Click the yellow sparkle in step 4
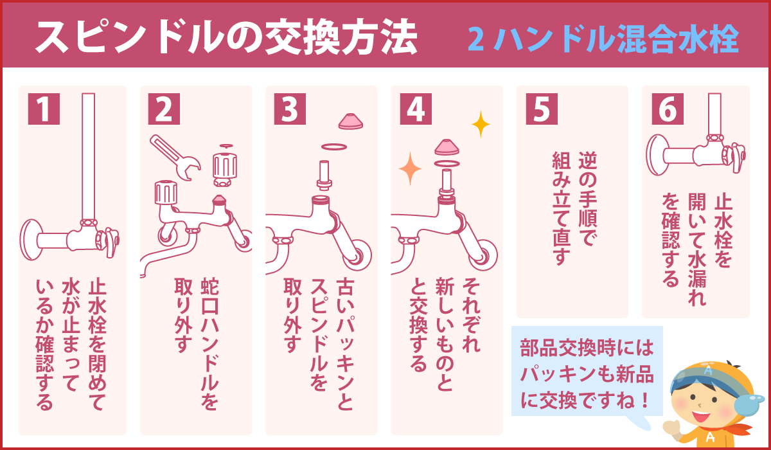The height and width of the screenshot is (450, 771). coord(479,124)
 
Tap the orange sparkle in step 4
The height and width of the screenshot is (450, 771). coord(409,170)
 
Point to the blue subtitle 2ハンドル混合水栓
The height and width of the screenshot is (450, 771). coord(603,39)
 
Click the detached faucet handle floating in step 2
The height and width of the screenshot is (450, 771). coord(225,166)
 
